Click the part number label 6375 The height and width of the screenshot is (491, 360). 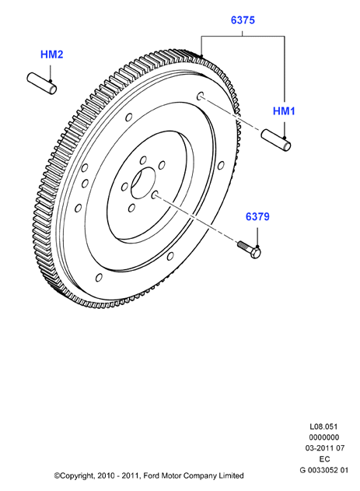pyautogui.click(x=243, y=20)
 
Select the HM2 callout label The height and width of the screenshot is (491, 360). pyautogui.click(x=51, y=54)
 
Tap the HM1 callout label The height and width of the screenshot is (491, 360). pyautogui.click(x=284, y=111)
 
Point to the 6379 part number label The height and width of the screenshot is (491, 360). pyautogui.click(x=257, y=216)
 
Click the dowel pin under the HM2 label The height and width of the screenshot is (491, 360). pyautogui.click(x=42, y=83)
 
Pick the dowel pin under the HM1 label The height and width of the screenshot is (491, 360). pyautogui.click(x=276, y=140)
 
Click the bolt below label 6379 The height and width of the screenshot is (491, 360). pyautogui.click(x=250, y=249)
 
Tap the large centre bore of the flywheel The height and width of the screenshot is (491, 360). pyautogui.click(x=143, y=183)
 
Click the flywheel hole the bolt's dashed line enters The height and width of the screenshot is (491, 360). pyautogui.click(x=155, y=195)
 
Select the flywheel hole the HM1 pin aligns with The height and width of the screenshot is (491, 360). pyautogui.click(x=200, y=96)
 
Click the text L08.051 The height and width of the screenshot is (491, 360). pyautogui.click(x=323, y=426)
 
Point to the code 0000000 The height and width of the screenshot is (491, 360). pyautogui.click(x=323, y=437)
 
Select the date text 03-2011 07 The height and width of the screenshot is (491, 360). pyautogui.click(x=325, y=448)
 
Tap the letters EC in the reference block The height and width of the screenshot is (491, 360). pyautogui.click(x=324, y=459)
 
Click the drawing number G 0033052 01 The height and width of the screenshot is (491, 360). pyautogui.click(x=323, y=470)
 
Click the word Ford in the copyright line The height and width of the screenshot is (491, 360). pyautogui.click(x=152, y=476)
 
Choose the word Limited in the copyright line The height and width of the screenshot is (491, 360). pyautogui.click(x=231, y=476)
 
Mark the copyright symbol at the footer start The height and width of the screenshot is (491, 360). pyautogui.click(x=57, y=476)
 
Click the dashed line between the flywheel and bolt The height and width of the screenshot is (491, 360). pyautogui.click(x=197, y=219)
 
